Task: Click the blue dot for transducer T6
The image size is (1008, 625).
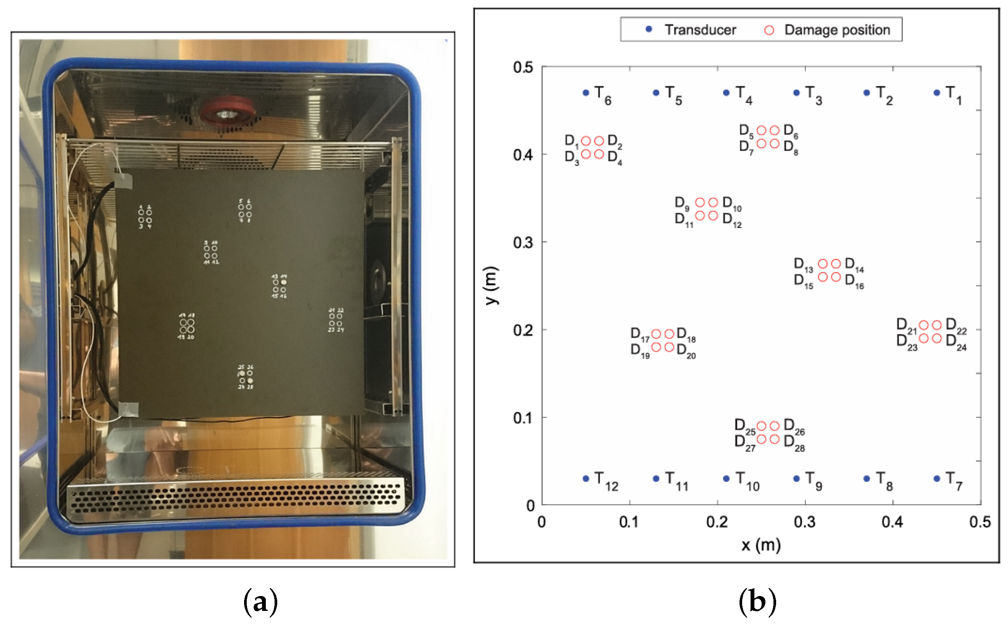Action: coord(585,93)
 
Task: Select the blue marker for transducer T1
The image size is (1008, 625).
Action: coord(936,93)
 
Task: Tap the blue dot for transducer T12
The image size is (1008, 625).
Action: coord(585,478)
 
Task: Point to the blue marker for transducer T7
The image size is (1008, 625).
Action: coord(936,478)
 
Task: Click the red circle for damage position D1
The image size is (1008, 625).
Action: coord(585,141)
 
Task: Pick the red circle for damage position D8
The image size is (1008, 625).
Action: coord(774,143)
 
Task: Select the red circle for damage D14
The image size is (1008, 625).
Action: coord(836,264)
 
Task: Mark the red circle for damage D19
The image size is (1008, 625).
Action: coord(656,347)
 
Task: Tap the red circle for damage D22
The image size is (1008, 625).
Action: coord(936,325)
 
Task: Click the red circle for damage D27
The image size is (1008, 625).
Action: coord(761,439)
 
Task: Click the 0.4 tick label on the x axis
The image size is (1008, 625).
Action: coord(892,522)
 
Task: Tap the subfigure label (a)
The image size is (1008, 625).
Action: coord(260,602)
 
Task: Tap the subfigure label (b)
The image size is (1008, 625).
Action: coord(757,602)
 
